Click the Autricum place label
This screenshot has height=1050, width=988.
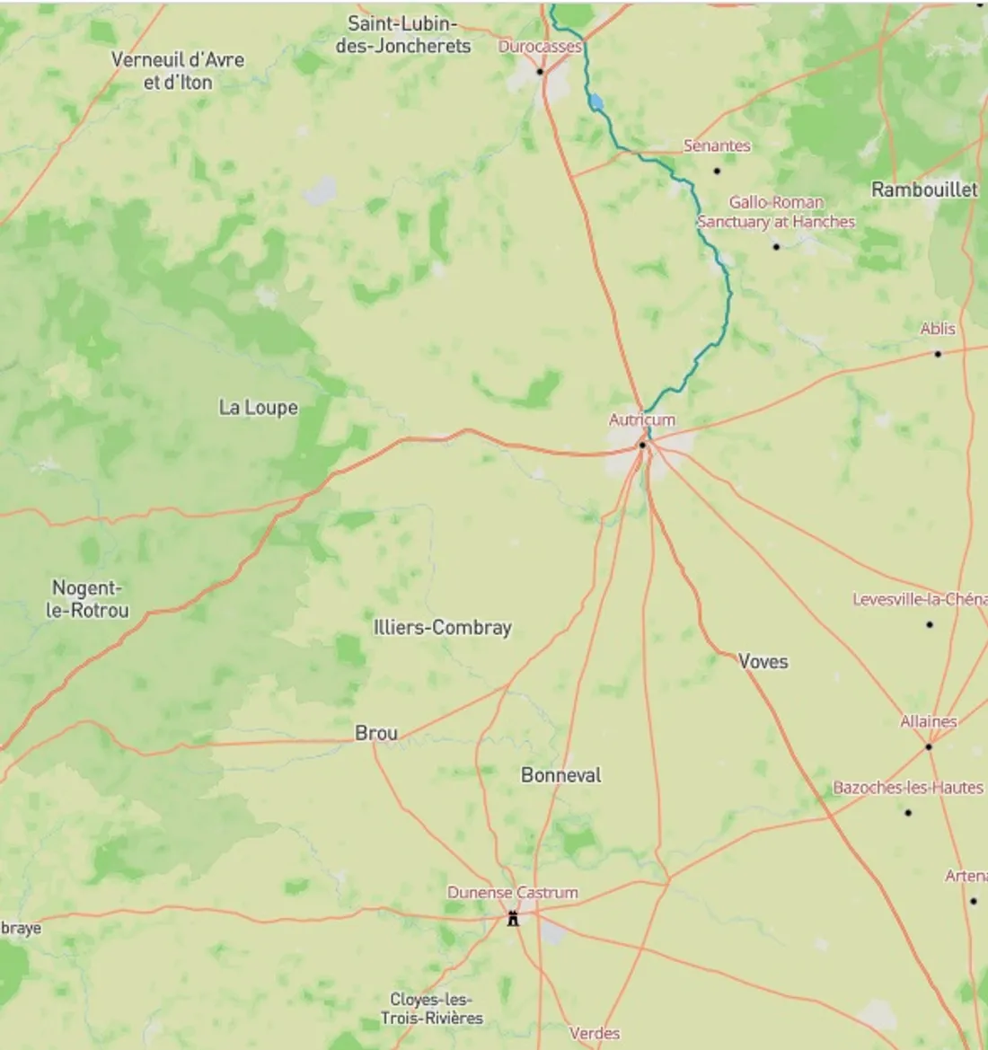click(x=641, y=419)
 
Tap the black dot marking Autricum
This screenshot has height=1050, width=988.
click(x=642, y=445)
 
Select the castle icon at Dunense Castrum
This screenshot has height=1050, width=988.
click(x=513, y=918)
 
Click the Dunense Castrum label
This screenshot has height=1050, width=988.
click(x=512, y=893)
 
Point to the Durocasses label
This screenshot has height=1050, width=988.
click(x=540, y=47)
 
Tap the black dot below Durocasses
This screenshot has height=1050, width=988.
click(x=541, y=72)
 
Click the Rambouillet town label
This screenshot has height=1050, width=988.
click(x=924, y=190)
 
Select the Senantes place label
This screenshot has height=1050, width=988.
click(x=717, y=146)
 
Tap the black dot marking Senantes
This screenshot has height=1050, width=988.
click(x=717, y=171)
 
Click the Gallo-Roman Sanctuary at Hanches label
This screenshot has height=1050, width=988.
click(x=776, y=212)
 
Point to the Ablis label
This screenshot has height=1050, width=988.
click(x=938, y=329)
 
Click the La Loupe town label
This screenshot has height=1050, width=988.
click(x=258, y=408)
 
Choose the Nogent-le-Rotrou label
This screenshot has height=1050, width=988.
click(x=87, y=599)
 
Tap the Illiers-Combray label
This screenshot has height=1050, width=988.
click(x=442, y=628)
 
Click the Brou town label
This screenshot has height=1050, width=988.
click(x=375, y=733)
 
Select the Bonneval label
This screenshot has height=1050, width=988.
click(x=560, y=775)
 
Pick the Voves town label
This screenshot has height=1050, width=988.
click(x=763, y=662)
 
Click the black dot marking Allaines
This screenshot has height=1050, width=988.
click(x=929, y=746)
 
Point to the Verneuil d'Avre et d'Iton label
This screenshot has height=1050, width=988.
click(x=178, y=71)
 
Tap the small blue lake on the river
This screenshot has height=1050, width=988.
click(x=596, y=102)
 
